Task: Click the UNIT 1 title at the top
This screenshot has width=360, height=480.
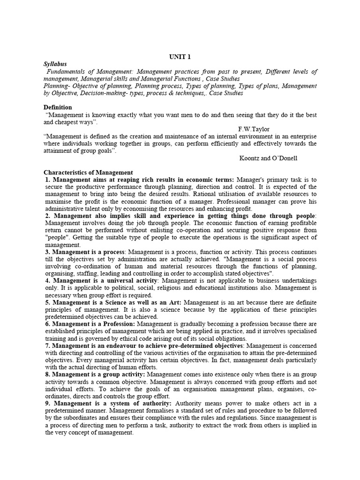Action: coord(180,57)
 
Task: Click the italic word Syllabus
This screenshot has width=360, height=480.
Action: coord(55,64)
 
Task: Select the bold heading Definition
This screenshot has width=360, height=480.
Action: coord(58,107)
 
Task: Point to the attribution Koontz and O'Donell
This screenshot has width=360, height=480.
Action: coord(268,158)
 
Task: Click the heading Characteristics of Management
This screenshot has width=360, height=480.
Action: coord(88,172)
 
